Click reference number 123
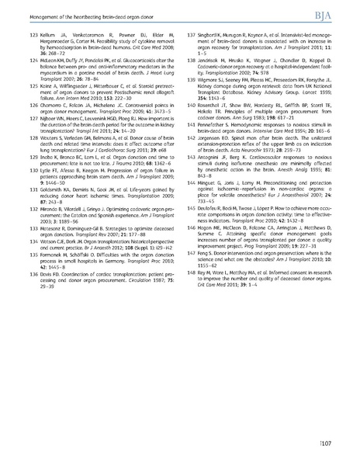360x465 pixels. click(x=32, y=36)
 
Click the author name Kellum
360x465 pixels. click(x=50, y=36)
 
